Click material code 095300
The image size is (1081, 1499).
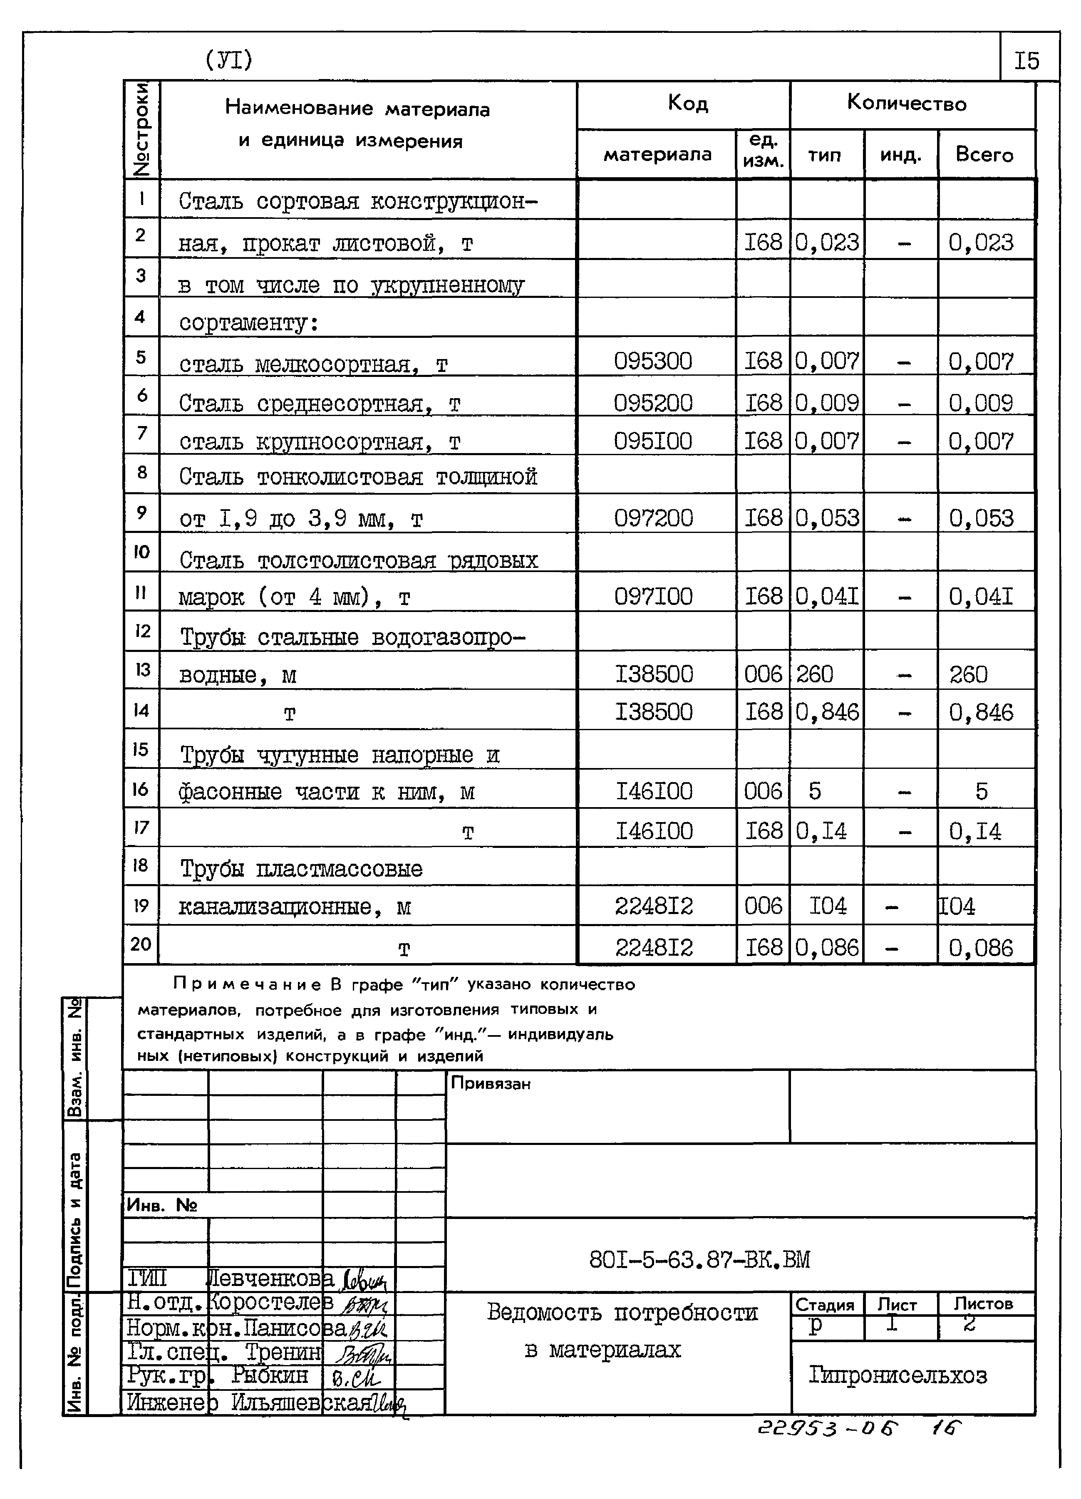click(652, 361)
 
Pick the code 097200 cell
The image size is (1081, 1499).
click(652, 518)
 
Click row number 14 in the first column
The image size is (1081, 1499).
click(141, 711)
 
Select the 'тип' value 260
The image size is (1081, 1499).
click(815, 674)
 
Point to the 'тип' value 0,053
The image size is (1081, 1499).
click(826, 518)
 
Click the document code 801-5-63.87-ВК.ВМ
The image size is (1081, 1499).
click(699, 1260)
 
